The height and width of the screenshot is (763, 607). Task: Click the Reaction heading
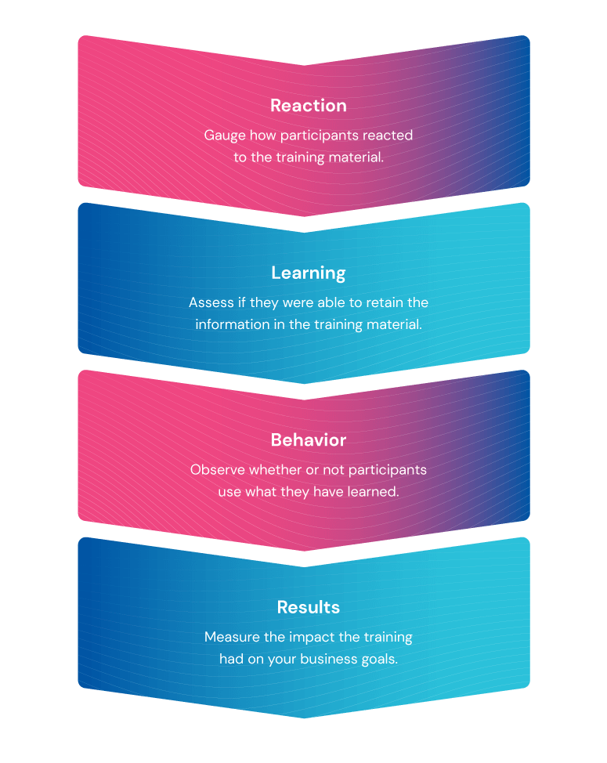point(309,106)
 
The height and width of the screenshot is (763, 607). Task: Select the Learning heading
point(309,273)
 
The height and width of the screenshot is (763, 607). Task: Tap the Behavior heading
point(309,440)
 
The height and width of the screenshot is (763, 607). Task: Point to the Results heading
point(309,607)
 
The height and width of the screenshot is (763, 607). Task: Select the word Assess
point(211,302)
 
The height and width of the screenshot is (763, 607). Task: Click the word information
point(233,324)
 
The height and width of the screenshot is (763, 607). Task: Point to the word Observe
point(218,469)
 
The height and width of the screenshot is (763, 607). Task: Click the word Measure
point(232,637)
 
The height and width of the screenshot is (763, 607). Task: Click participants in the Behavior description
point(388,470)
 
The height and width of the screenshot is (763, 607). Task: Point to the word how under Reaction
point(262,136)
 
